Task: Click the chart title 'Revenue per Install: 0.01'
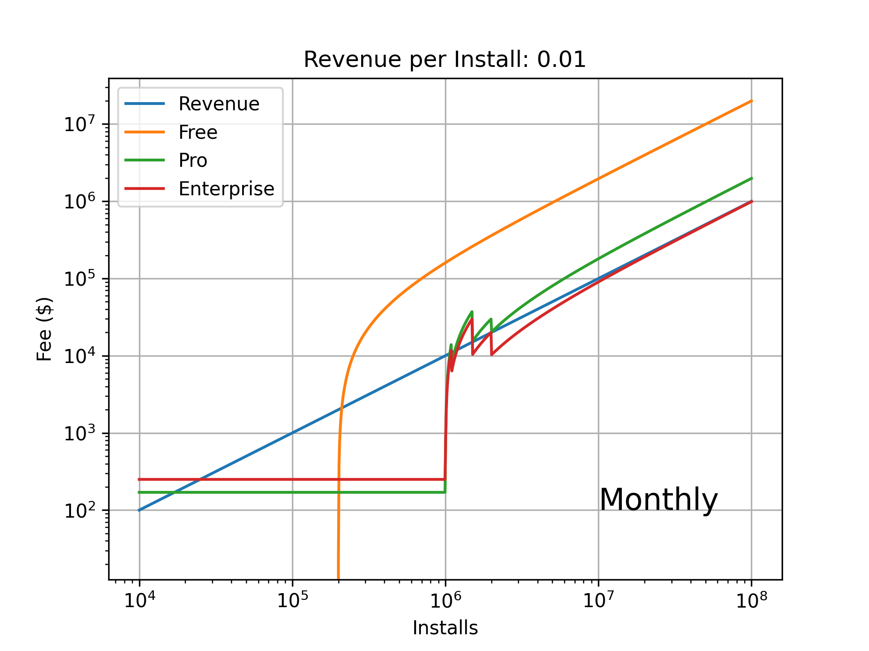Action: coord(444,60)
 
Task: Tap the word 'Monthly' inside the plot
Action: coord(659,500)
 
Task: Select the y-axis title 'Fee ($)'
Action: coord(44,329)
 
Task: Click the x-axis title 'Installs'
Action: coord(445,628)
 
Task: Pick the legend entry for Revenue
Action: coord(219,104)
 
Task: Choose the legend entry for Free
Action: coord(198,132)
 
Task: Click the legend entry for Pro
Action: coord(193,160)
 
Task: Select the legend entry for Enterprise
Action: coord(226,189)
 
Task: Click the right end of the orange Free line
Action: coord(752,101)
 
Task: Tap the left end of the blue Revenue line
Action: coord(139,510)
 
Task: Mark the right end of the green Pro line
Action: coord(752,178)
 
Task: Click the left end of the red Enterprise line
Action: coord(139,479)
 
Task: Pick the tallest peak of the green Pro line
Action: coord(472,311)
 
